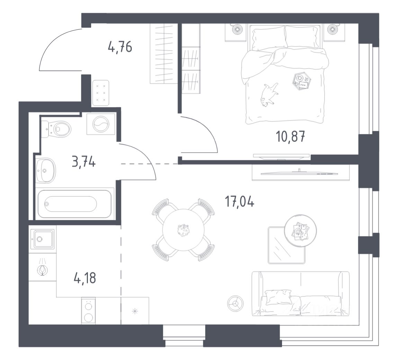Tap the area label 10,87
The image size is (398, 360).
click(290, 137)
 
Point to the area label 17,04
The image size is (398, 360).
click(240, 201)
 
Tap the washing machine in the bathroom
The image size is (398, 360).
click(101, 123)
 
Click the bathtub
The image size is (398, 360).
click(75, 204)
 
